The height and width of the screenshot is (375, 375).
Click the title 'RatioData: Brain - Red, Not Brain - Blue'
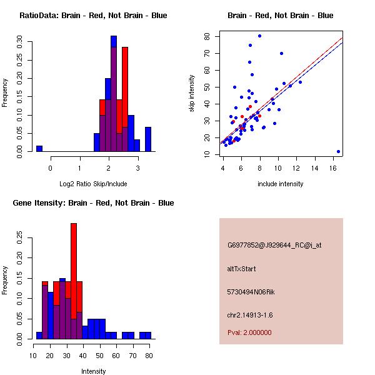click(x=93, y=16)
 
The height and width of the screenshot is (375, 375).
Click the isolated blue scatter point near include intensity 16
click(x=338, y=151)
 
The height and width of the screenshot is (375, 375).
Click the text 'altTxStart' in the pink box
click(x=242, y=269)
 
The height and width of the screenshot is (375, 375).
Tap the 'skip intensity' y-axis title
click(x=192, y=94)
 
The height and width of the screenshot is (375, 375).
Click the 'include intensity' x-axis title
click(x=281, y=184)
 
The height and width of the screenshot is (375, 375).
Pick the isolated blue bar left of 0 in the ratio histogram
click(x=39, y=149)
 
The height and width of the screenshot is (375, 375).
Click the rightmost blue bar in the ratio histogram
click(x=148, y=139)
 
